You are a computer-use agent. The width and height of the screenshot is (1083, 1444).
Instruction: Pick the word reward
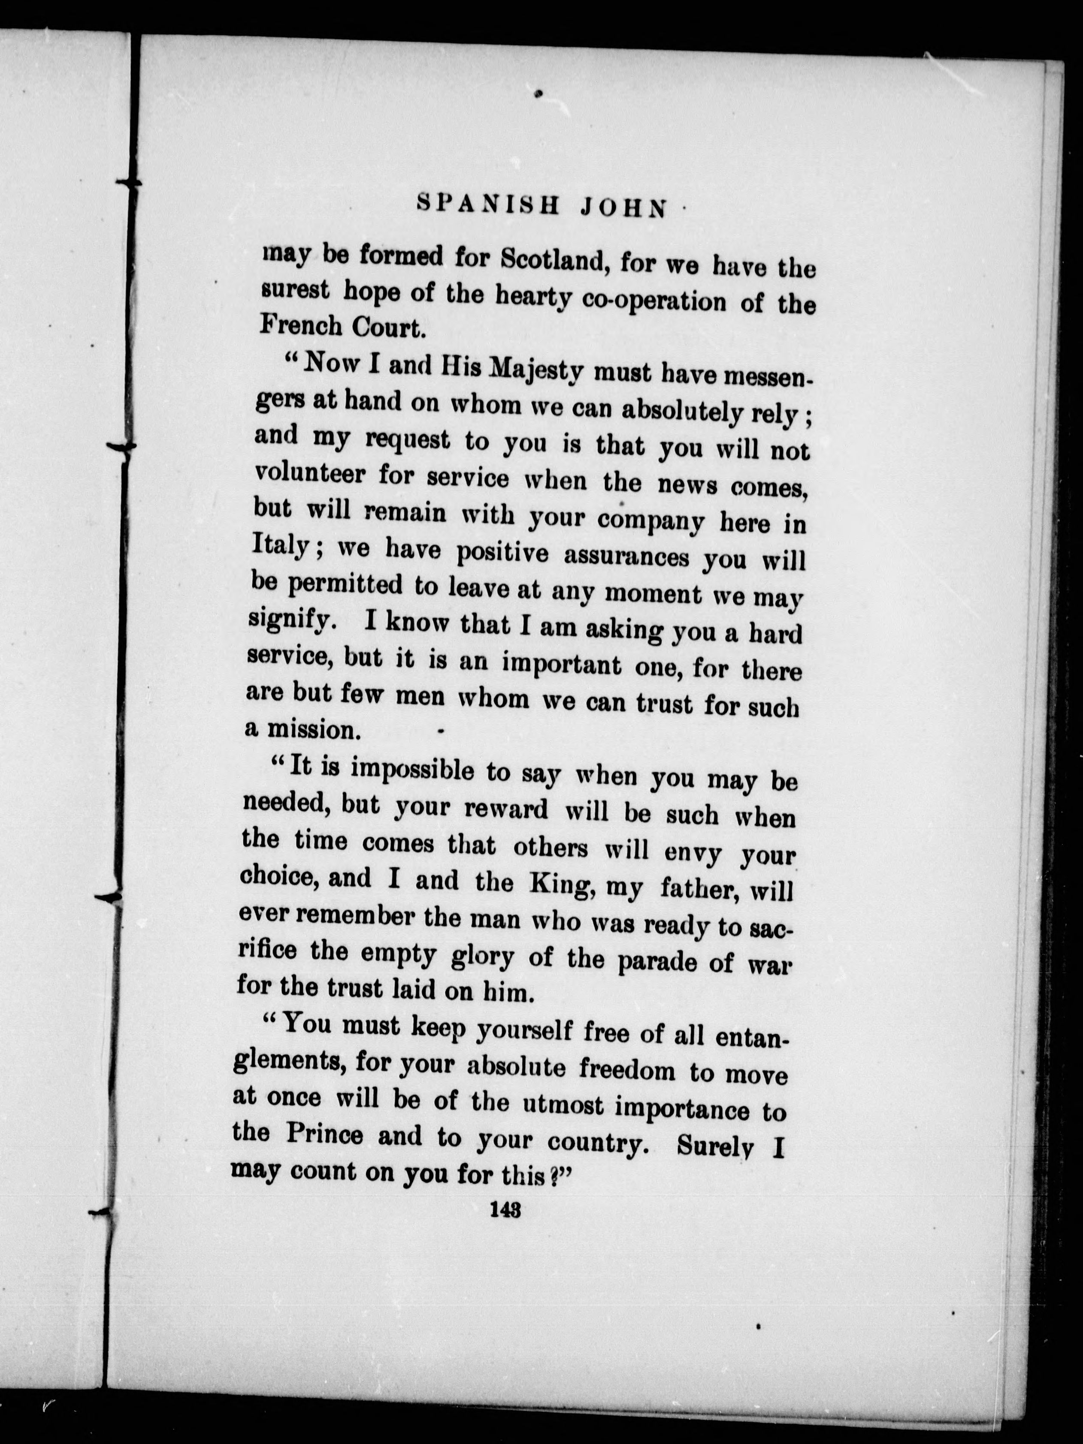click(506, 809)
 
